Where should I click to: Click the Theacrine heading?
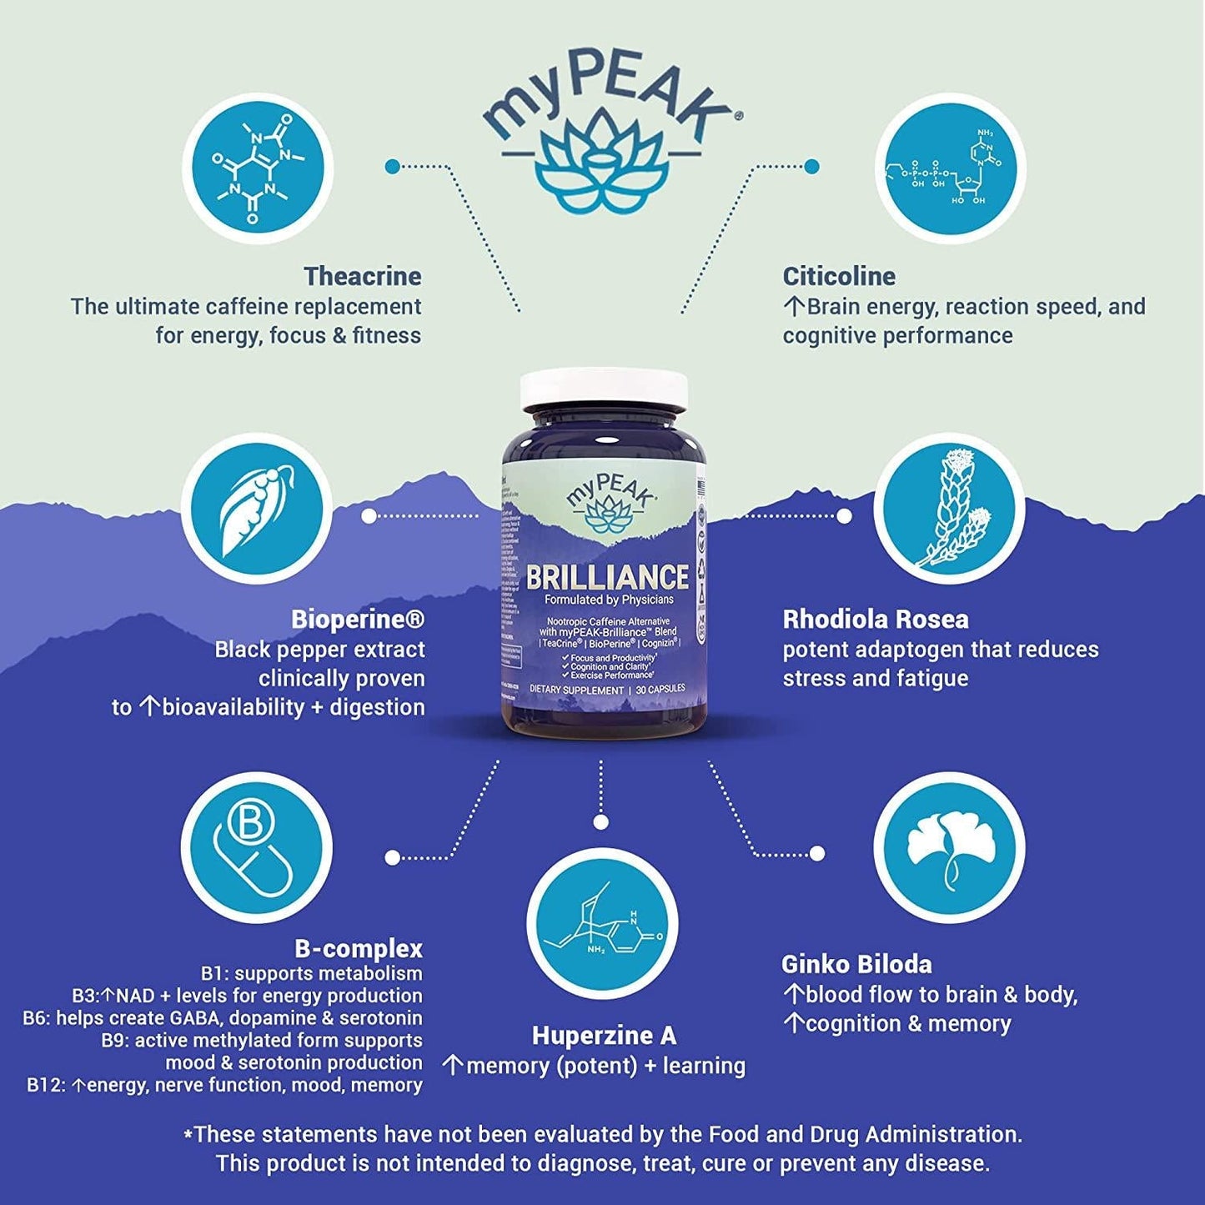click(x=362, y=276)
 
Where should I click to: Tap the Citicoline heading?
click(x=839, y=276)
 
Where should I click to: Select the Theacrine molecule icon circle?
click(x=258, y=168)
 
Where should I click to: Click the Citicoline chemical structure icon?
click(x=950, y=168)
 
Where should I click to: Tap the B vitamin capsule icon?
click(x=256, y=847)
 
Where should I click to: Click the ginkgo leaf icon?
click(x=950, y=847)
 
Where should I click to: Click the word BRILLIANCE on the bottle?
click(x=607, y=577)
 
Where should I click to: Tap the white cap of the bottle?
click(x=605, y=390)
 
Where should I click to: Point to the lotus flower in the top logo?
click(x=602, y=160)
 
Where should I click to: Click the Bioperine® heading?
click(x=358, y=620)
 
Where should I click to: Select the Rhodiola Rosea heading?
click(x=876, y=620)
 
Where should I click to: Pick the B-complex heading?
click(x=359, y=949)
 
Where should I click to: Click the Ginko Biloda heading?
click(x=856, y=965)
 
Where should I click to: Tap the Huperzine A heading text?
click(x=604, y=1036)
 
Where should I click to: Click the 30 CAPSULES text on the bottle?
click(x=660, y=690)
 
